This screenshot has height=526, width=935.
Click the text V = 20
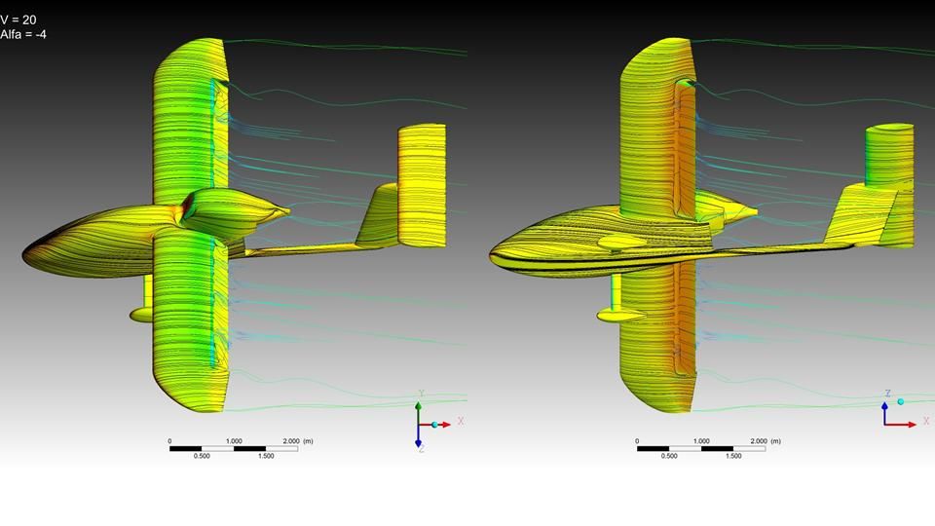click(19, 19)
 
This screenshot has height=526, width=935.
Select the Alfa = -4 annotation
click(23, 34)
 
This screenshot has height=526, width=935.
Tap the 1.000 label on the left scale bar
click(234, 441)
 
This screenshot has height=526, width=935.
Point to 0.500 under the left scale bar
click(202, 456)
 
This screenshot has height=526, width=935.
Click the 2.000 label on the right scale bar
click(759, 441)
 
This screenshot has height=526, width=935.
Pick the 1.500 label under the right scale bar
click(733, 456)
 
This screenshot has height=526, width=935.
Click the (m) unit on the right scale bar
click(775, 441)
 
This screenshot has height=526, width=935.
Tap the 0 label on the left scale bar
click(169, 441)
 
